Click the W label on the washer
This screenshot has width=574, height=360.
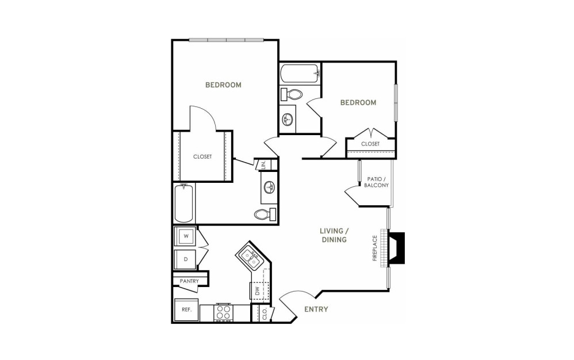[186, 236]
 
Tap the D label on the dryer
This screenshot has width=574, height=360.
[186, 259]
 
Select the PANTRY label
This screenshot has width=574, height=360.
[189, 281]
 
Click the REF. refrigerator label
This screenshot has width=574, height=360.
[187, 309]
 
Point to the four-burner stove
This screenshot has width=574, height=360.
[223, 312]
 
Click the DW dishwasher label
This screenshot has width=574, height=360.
[257, 291]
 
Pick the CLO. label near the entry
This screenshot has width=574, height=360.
[265, 313]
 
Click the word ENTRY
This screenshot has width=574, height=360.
[316, 309]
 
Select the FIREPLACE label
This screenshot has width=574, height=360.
[374, 248]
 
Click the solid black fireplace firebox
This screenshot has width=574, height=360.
[397, 248]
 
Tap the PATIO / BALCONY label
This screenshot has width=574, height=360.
[376, 182]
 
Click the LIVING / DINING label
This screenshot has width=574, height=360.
[334, 235]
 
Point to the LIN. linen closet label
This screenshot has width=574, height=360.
[263, 164]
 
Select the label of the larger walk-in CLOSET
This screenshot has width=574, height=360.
[202, 156]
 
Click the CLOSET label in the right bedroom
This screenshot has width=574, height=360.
[370, 144]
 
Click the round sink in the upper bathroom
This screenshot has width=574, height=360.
[287, 118]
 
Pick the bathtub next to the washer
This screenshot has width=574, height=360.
[184, 203]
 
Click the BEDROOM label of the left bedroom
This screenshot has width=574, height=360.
[223, 85]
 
